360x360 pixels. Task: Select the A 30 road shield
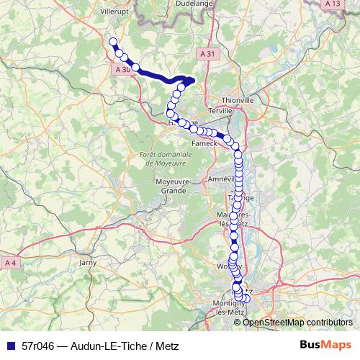122,70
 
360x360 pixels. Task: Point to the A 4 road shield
8,262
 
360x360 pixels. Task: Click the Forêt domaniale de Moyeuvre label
157,159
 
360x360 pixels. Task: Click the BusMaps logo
325,346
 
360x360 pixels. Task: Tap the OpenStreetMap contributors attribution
297,322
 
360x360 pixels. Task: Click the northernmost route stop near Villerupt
112,42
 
